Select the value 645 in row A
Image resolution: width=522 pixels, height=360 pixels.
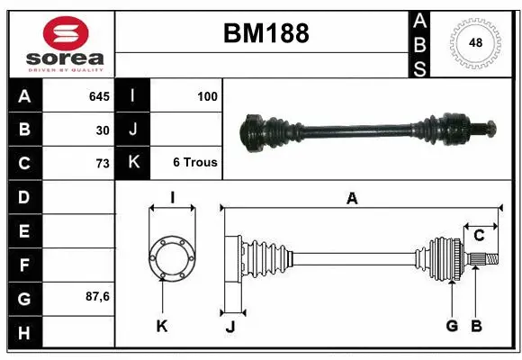[99, 96]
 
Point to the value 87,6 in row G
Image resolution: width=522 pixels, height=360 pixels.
[97, 296]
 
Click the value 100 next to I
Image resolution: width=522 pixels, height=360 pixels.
[206, 96]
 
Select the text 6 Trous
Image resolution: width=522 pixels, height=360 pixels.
[195, 163]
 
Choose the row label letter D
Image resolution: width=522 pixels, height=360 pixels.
[24, 197]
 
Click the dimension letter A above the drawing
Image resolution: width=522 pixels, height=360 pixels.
[352, 199]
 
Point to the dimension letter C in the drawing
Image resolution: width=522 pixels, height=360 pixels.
[480, 236]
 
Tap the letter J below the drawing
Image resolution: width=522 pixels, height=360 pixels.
[229, 327]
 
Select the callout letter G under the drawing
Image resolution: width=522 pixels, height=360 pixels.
[452, 326]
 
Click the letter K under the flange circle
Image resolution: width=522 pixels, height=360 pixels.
[162, 327]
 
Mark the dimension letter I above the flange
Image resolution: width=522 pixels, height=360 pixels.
[172, 198]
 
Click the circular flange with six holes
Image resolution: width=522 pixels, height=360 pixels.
[171, 257]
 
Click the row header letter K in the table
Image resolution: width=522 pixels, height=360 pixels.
[133, 163]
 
